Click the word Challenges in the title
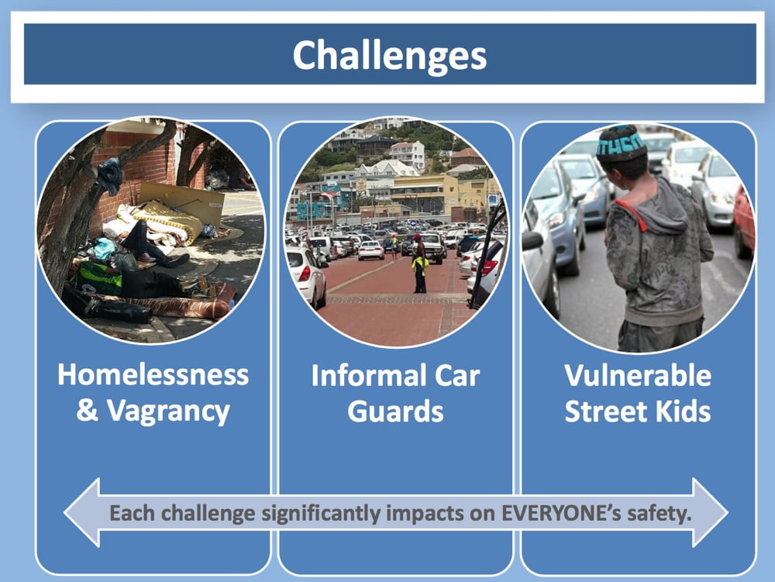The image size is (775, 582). pos(390,56)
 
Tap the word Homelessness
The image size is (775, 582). pos(153,374)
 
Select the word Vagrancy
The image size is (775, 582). pos(168,411)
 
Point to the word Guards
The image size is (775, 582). pos(395,411)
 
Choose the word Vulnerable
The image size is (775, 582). pos(638,376)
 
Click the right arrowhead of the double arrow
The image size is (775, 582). pos(709,512)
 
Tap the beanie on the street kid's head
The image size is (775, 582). pos(621,143)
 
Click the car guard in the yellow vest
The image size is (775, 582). pos(419,263)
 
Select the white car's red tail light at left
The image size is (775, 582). pos(305,274)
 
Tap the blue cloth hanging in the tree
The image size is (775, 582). pos(110,175)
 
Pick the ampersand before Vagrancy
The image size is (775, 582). pos(88,410)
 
